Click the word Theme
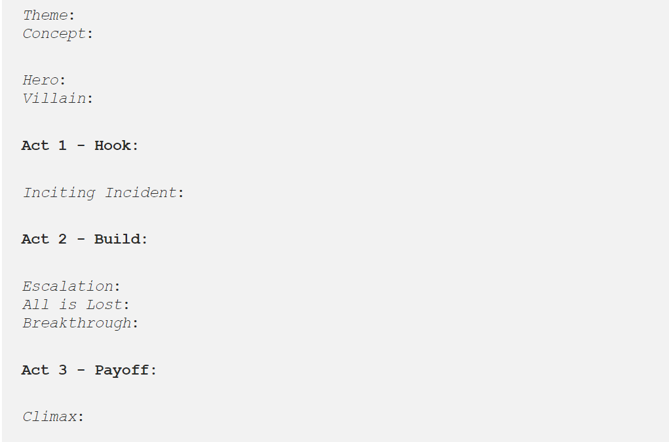pos(45,15)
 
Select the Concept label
pos(54,33)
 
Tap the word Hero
pos(41,80)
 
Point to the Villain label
pos(54,98)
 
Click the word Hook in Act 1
pos(113,145)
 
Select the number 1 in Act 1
pos(62,145)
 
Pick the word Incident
pos(141,193)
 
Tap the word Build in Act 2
pos(117,239)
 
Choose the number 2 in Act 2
pos(62,239)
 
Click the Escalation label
pos(68,286)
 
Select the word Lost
pos(104,304)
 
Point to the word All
pos(36,304)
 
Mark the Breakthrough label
pos(77,323)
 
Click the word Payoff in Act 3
pos(122,370)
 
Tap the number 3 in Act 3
pos(62,370)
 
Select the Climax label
pos(50,416)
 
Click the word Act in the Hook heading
pos(35,145)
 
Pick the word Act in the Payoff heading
pos(35,370)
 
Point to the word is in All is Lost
pos(67,304)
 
